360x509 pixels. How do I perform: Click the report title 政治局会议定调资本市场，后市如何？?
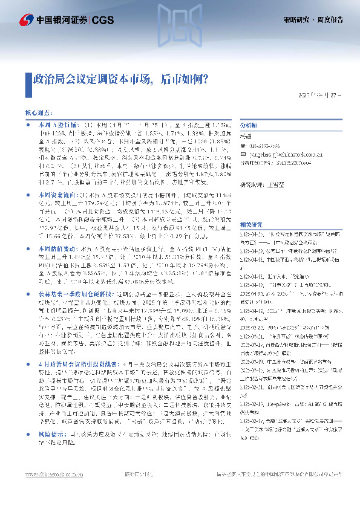point(120,79)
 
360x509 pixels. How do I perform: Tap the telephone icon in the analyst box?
point(243,146)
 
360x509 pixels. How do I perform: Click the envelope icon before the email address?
point(243,154)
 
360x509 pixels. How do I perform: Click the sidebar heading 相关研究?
point(250,206)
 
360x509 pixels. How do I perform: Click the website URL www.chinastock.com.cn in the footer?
point(51,491)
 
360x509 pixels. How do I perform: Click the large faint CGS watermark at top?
point(180,27)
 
